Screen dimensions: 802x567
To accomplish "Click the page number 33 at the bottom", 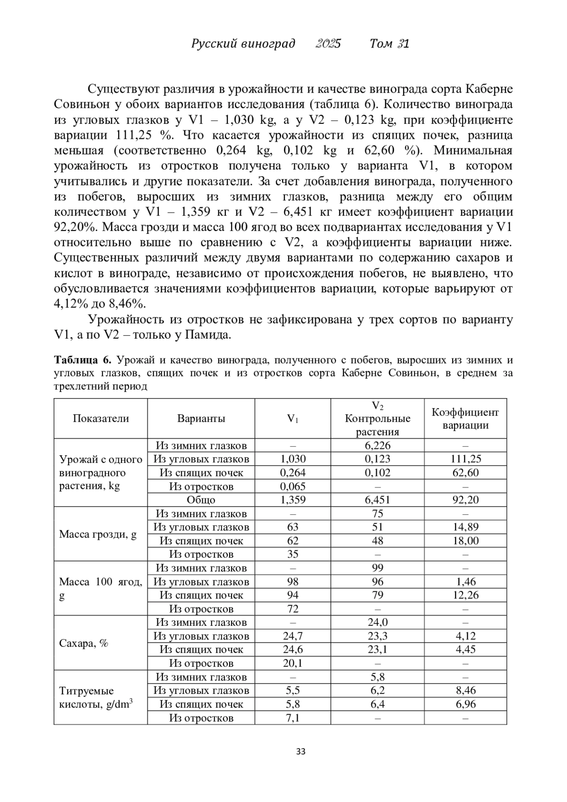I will [x=301, y=751].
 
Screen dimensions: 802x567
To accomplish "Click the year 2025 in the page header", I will [x=328, y=44].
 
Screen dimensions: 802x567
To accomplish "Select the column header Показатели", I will [x=101, y=418].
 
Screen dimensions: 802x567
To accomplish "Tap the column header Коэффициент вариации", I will [x=465, y=418].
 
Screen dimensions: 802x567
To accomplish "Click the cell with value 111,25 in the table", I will [x=465, y=459].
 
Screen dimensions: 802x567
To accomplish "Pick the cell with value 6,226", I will [x=377, y=445].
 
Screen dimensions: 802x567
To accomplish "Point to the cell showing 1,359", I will [x=292, y=500].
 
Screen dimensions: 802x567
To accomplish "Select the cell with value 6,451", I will [x=377, y=500].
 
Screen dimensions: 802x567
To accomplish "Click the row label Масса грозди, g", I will [x=98, y=534].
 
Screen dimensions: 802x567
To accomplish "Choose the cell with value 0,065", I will [x=292, y=486].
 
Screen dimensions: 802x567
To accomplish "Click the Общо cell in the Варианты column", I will [x=201, y=500].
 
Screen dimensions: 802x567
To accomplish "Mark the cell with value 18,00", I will [x=465, y=541].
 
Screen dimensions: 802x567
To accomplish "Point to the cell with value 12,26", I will [x=465, y=595].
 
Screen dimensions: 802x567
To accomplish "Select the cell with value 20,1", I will [x=292, y=663].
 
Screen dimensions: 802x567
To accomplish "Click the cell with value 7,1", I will [x=292, y=718].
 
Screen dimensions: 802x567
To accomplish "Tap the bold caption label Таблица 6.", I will [x=83, y=360].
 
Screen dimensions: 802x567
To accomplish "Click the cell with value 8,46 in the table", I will [x=465, y=691].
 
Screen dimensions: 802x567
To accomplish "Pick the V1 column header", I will [x=292, y=418].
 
